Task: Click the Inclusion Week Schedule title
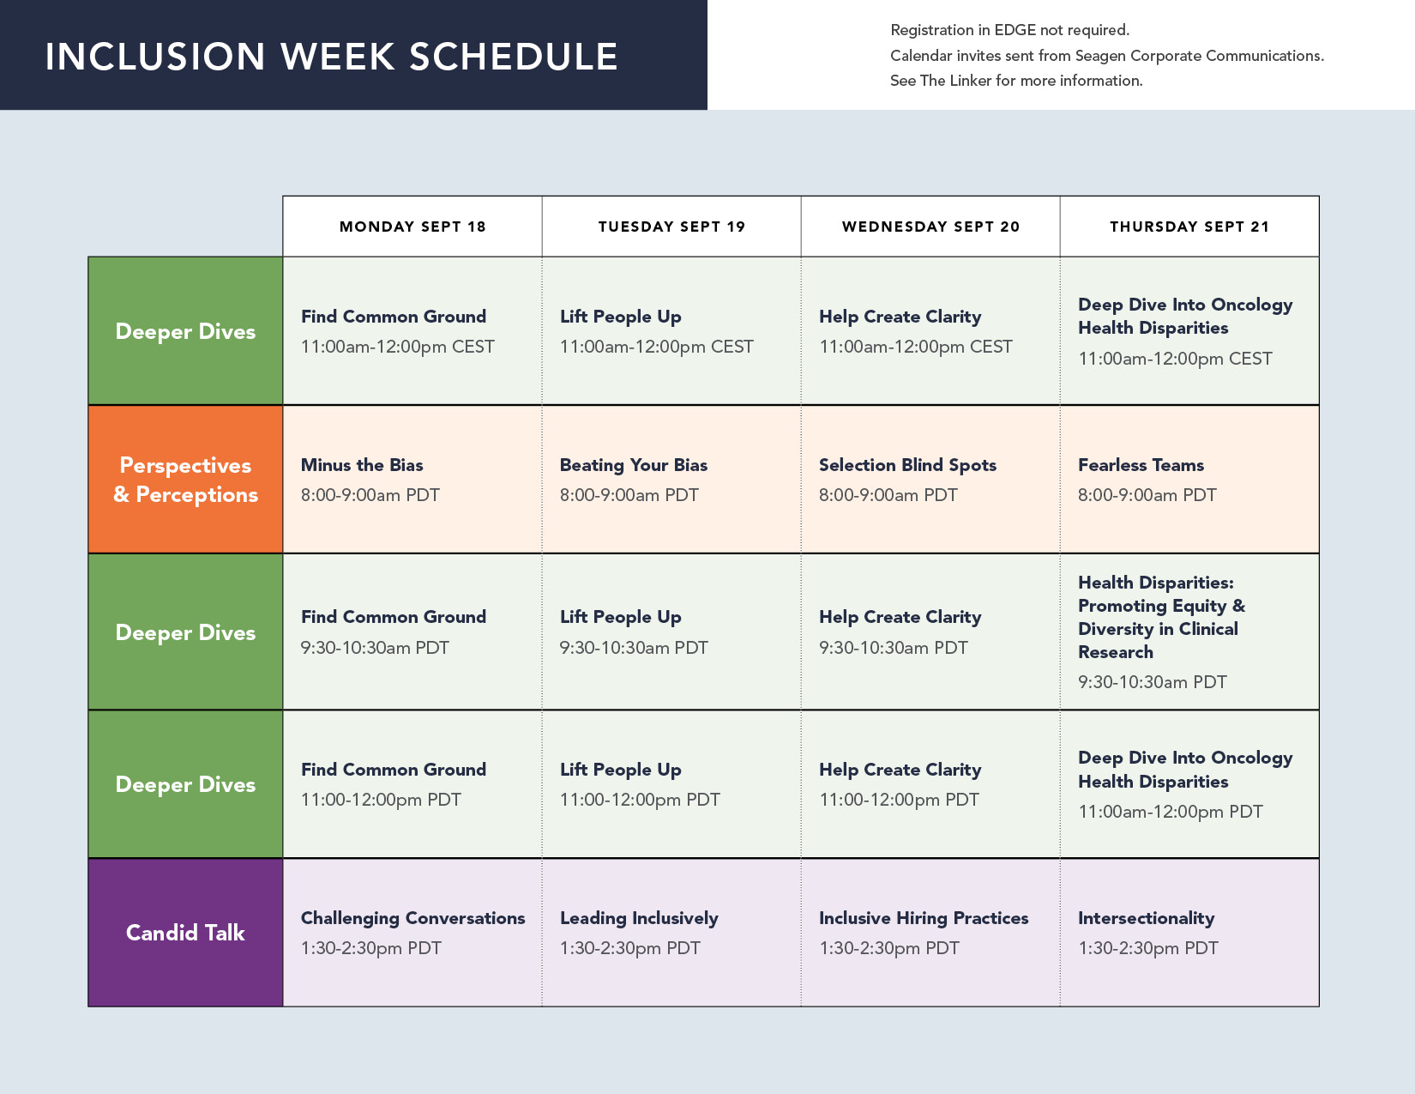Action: tap(331, 56)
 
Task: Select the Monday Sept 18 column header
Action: tap(412, 227)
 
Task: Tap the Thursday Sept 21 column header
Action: tap(1189, 227)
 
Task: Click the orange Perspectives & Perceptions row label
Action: tap(185, 480)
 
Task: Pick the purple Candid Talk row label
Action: tap(185, 933)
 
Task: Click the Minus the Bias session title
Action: tap(362, 464)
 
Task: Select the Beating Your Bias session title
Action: tap(634, 464)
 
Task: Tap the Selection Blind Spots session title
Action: tap(907, 464)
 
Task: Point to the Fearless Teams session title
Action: tap(1141, 464)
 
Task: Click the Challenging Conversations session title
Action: tap(412, 918)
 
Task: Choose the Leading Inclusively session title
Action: tap(639, 918)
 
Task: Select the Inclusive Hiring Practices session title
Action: tap(924, 918)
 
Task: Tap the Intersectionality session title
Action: tap(1147, 918)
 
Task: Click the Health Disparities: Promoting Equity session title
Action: tap(1162, 617)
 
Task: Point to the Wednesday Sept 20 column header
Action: tap(930, 227)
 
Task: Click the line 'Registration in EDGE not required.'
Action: tap(1010, 30)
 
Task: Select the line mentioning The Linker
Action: tap(1016, 81)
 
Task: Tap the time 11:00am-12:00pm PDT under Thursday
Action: tap(1170, 812)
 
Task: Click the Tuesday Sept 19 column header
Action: tap(671, 227)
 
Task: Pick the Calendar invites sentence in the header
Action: tap(1107, 56)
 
